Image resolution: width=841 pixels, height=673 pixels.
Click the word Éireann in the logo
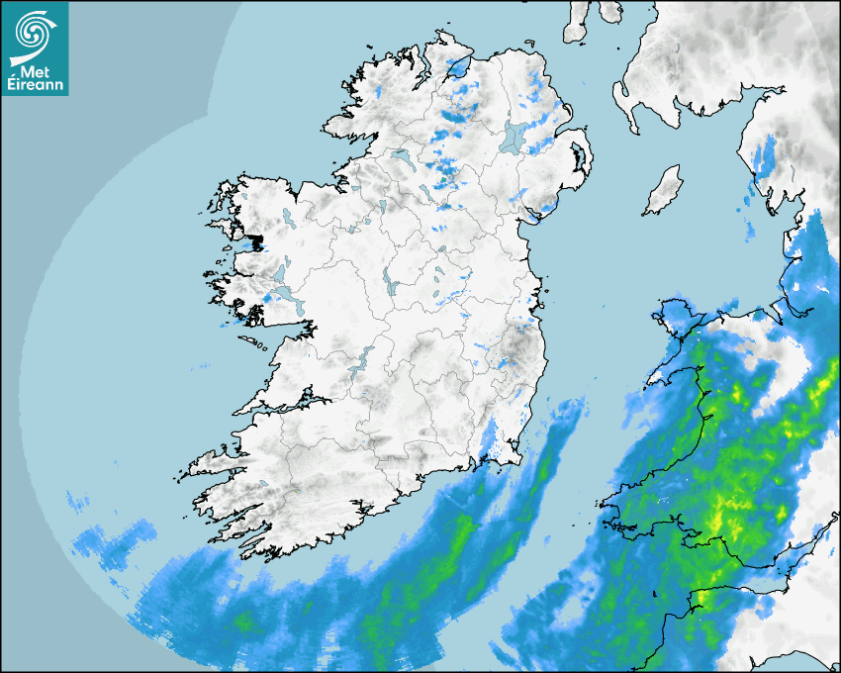[x=35, y=85]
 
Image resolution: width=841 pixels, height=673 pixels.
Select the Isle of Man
[x=663, y=191]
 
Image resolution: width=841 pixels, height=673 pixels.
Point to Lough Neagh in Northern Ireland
[x=514, y=137]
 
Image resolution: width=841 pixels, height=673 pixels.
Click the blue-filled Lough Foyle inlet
[x=458, y=68]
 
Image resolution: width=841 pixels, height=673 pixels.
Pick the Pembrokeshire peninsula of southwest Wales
[x=623, y=515]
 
